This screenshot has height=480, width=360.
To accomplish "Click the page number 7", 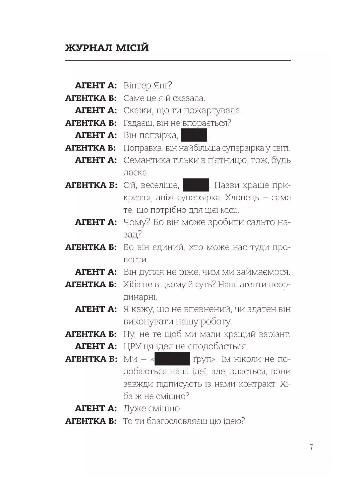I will pos(311,447).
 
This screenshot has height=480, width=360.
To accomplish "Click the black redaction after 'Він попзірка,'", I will pos(194,135).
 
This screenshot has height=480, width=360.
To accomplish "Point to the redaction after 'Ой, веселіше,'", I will pos(196,185).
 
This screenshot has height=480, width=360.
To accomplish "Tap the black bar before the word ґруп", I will pos(172,359).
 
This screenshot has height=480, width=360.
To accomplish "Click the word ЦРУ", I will pos(132,347).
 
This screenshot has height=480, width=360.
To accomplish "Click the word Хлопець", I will pos(242,198).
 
